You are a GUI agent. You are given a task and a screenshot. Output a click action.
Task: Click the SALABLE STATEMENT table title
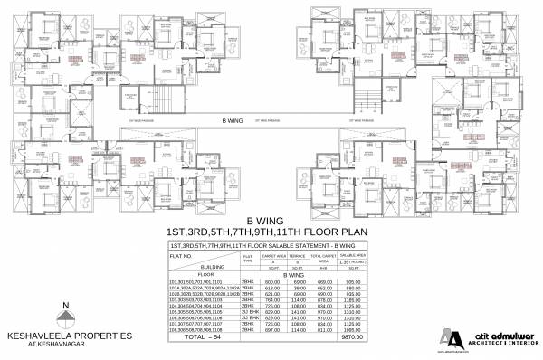(x=271, y=246)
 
